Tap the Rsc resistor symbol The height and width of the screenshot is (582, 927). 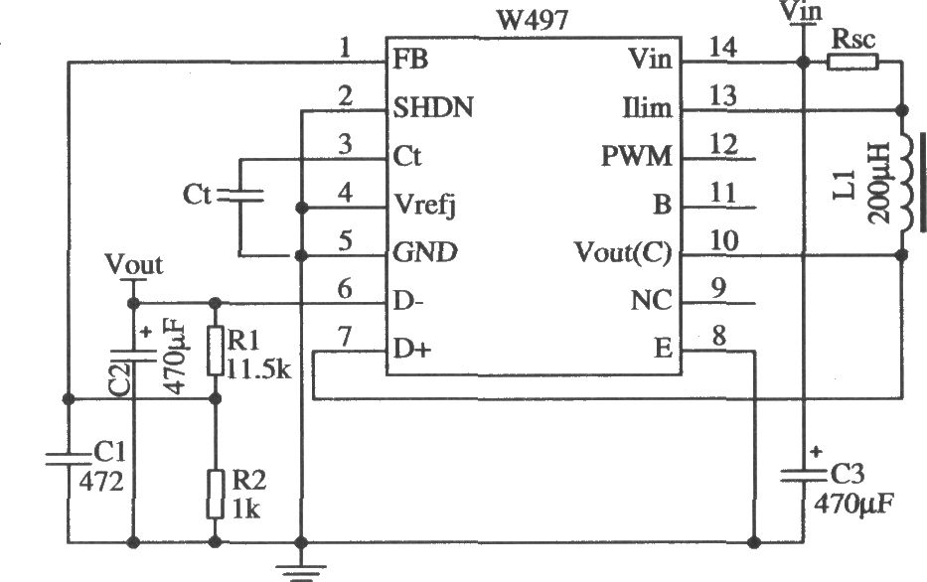coord(851,62)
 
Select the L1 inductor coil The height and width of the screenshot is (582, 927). coord(907,182)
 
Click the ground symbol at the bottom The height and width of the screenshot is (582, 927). coord(301,573)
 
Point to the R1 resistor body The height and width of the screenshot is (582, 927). coord(216,351)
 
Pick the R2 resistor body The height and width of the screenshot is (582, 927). coord(216,495)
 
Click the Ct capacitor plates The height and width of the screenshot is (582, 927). coord(240,196)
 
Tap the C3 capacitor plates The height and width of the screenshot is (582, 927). coord(803,476)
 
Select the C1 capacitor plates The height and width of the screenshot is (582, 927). coord(69,459)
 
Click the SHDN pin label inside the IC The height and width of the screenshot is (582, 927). coord(433,108)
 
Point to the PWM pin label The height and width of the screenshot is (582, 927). coord(637,157)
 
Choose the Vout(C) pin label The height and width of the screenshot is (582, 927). coord(623,253)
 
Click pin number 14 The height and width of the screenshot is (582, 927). coord(722,47)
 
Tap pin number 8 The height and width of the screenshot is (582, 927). coord(718,337)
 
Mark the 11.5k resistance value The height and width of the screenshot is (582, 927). coord(259,369)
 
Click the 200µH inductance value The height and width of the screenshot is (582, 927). coord(879,183)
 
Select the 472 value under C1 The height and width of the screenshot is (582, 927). coord(101,482)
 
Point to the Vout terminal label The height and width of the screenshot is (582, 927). coord(133,265)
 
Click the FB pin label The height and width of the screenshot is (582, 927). coord(409,60)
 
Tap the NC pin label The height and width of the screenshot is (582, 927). coord(651,301)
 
